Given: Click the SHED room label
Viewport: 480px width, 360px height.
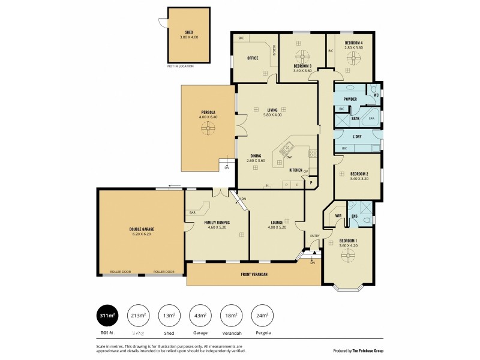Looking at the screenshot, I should (x=188, y=32).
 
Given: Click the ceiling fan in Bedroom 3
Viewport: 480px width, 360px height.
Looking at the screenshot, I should (x=302, y=56).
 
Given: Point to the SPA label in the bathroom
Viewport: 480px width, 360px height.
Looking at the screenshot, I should (x=371, y=119).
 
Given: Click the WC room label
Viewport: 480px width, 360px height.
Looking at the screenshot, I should (x=376, y=94).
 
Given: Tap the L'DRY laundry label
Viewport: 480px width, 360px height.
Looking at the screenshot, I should (x=356, y=137).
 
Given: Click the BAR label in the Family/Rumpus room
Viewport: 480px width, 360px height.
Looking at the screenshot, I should (x=193, y=212).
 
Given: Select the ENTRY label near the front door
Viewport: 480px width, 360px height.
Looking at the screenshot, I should (x=314, y=236).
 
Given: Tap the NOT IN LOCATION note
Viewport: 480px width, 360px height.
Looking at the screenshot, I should (x=181, y=66).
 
